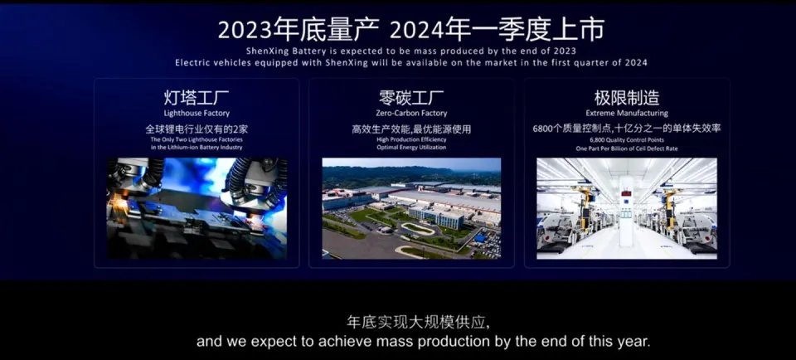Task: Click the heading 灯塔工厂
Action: [x=197, y=97]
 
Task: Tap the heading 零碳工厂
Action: [x=411, y=97]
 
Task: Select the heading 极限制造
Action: [x=627, y=97]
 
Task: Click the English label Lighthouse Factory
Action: [x=197, y=114]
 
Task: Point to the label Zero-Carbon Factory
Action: [x=412, y=114]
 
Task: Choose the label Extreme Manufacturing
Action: [x=627, y=114]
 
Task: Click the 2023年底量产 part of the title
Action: [x=298, y=30]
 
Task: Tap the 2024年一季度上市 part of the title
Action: [x=498, y=30]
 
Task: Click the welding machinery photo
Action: [x=197, y=208]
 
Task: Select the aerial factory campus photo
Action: [x=411, y=208]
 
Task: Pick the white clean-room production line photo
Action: [x=627, y=208]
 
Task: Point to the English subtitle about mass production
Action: [x=424, y=341]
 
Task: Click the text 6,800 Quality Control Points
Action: [x=627, y=139]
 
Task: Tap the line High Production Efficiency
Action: [x=412, y=139]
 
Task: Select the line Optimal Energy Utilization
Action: [x=412, y=148]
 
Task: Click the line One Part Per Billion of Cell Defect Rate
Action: [x=627, y=148]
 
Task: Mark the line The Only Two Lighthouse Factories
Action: [x=197, y=139]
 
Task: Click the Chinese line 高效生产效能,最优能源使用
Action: [x=411, y=129]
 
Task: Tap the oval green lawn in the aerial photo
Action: [x=418, y=230]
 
